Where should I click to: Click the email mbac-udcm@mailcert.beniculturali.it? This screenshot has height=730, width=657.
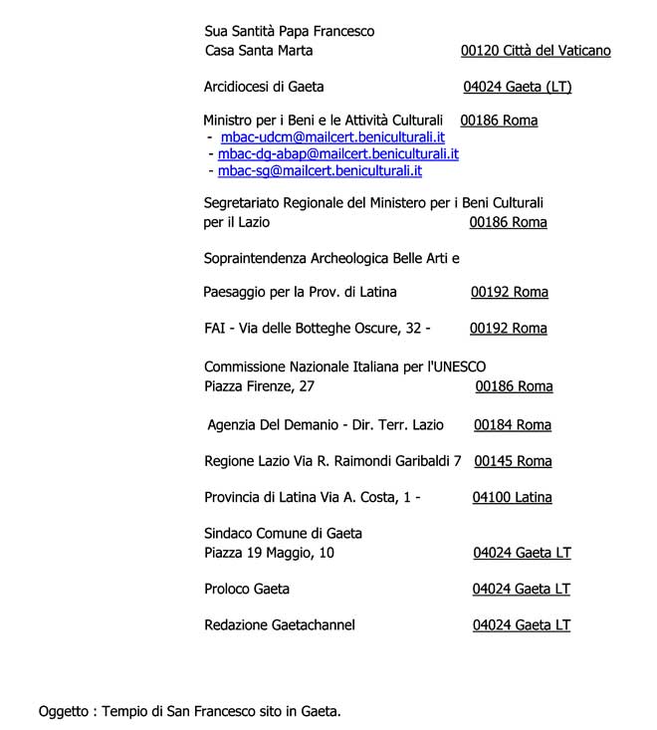pyautogui.click(x=332, y=137)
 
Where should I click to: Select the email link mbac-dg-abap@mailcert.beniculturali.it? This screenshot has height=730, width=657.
pyautogui.click(x=338, y=154)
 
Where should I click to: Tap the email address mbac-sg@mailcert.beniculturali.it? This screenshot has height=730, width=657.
pyautogui.click(x=321, y=171)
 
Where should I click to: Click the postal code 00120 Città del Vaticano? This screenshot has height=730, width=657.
pyautogui.click(x=536, y=51)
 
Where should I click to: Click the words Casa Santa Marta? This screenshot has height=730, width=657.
pyautogui.click(x=258, y=51)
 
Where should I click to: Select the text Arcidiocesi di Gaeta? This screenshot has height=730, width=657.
pyautogui.click(x=264, y=87)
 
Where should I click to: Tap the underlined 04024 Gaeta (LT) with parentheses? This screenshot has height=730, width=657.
pyautogui.click(x=518, y=87)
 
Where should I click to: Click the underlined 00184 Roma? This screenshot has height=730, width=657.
pyautogui.click(x=513, y=425)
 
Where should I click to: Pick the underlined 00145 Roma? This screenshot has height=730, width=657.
pyautogui.click(x=513, y=461)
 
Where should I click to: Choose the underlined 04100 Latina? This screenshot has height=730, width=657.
pyautogui.click(x=512, y=497)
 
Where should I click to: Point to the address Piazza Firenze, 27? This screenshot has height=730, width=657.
pyautogui.click(x=259, y=386)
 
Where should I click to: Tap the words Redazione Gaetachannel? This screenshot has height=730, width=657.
pyautogui.click(x=279, y=625)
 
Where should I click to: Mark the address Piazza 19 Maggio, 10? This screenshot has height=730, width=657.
pyautogui.click(x=269, y=553)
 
